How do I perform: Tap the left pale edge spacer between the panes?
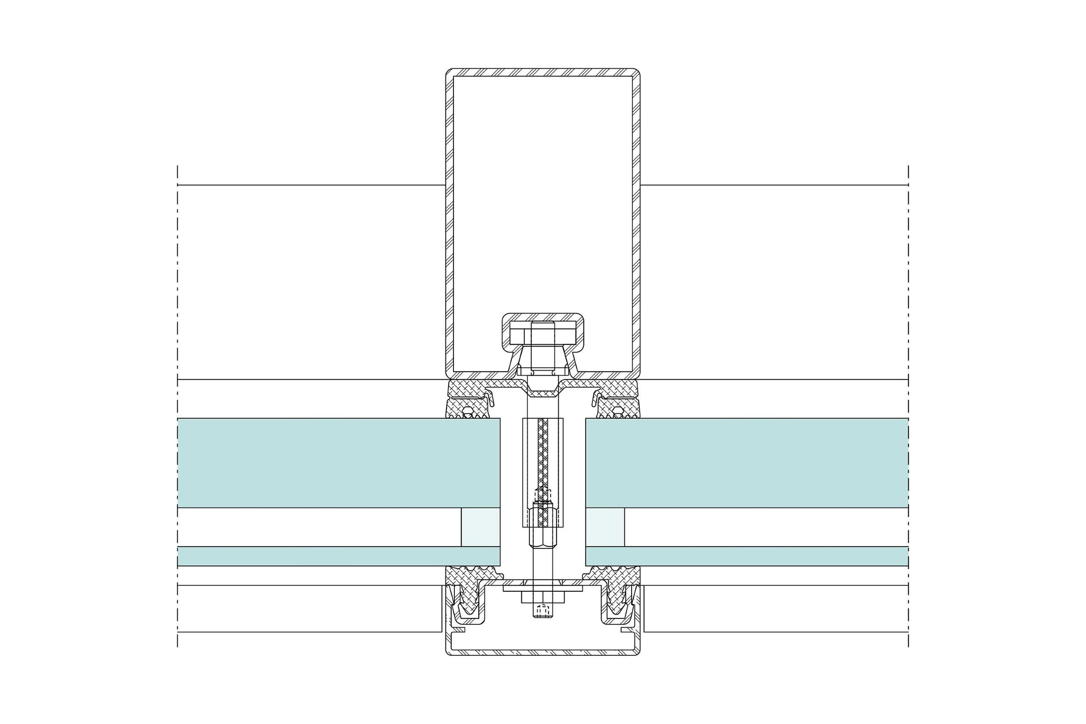pos(481,527)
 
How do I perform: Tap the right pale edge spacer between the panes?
pos(605,527)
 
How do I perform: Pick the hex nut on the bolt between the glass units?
pos(543,533)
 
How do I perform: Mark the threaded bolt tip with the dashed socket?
pos(543,610)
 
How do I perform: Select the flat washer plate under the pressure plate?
pos(543,589)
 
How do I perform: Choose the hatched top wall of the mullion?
pos(543,73)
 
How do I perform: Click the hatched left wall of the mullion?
pos(449,222)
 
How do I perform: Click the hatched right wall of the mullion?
pos(636,222)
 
